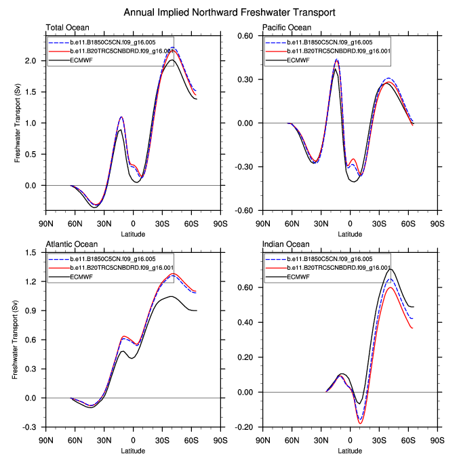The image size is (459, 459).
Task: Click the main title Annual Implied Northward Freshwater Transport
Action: (x=229, y=13)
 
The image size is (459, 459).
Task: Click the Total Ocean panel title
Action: (x=66, y=28)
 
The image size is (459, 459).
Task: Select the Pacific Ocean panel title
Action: (x=287, y=28)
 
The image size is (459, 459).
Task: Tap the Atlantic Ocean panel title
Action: (x=71, y=244)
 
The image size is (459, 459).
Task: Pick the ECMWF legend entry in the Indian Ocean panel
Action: (x=299, y=277)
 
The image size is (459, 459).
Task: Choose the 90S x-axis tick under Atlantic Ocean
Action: (x=220, y=439)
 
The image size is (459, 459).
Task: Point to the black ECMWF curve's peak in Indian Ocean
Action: (x=391, y=269)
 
